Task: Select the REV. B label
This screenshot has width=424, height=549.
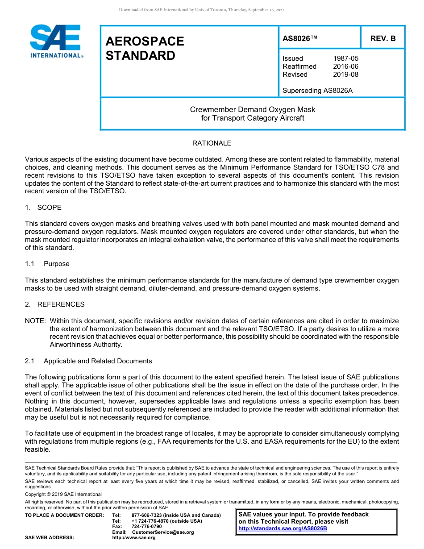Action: click(x=382, y=38)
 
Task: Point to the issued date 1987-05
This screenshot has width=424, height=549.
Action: click(x=345, y=58)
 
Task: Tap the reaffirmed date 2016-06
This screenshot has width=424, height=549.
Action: click(x=345, y=67)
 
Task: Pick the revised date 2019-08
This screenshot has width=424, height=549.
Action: click(x=345, y=75)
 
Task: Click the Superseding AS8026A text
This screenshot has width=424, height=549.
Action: click(x=317, y=91)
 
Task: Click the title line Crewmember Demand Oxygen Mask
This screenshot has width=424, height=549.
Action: click(x=253, y=109)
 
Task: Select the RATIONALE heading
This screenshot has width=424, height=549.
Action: click(x=212, y=143)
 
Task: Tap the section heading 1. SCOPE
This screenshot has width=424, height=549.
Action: click(x=43, y=208)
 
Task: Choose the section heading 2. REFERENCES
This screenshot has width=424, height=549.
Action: click(x=54, y=304)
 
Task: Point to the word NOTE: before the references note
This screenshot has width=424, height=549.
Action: click(x=35, y=321)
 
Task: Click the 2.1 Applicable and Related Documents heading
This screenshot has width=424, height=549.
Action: click(x=88, y=361)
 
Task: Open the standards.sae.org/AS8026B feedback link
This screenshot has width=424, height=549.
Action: click(x=283, y=528)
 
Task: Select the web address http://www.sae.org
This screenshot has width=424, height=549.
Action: click(x=134, y=538)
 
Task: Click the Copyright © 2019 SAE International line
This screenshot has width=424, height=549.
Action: click(x=63, y=494)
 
